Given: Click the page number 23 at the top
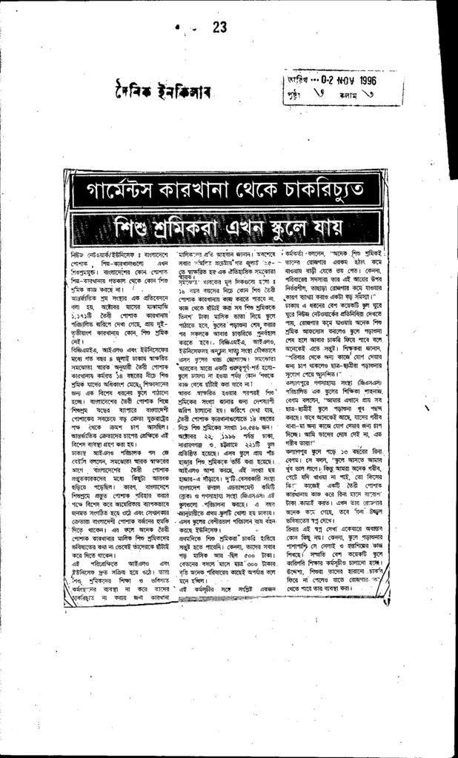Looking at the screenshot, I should click(x=219, y=27).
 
